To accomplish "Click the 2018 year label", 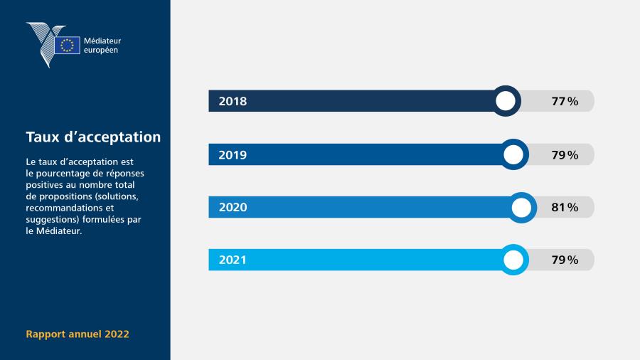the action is pyautogui.click(x=233, y=101).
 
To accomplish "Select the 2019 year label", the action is pyautogui.click(x=233, y=155).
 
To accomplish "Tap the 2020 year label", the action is pyautogui.click(x=233, y=207).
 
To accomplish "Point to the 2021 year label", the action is pyautogui.click(x=233, y=260).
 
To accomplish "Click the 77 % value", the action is pyautogui.click(x=565, y=101).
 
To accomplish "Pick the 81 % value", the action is pyautogui.click(x=565, y=207).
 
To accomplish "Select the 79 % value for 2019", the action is pyautogui.click(x=565, y=155).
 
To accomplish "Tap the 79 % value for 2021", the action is pyautogui.click(x=565, y=260).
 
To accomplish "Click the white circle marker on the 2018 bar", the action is pyautogui.click(x=506, y=101).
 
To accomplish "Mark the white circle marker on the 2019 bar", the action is pyautogui.click(x=513, y=154).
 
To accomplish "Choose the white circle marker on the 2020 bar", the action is pyautogui.click(x=521, y=207).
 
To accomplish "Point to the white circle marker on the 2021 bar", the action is pyautogui.click(x=513, y=260).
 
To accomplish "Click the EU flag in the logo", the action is pyautogui.click(x=67, y=45).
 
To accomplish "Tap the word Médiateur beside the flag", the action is pyautogui.click(x=102, y=41).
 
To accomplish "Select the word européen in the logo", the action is pyautogui.click(x=101, y=51).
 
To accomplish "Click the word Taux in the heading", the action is pyautogui.click(x=43, y=137).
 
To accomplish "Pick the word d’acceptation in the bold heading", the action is pyautogui.click(x=112, y=137).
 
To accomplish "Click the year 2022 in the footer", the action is pyautogui.click(x=117, y=334).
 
